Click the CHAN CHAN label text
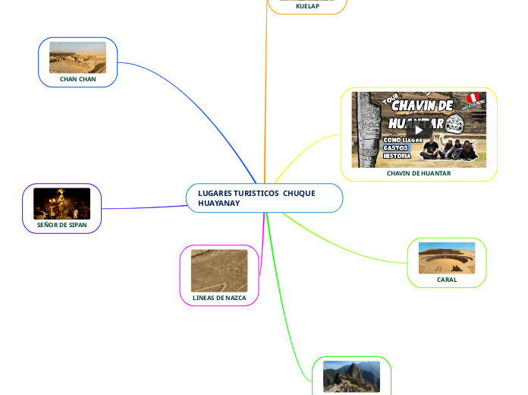(x=77, y=79)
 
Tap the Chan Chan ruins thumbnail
(x=77, y=58)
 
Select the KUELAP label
(x=307, y=6)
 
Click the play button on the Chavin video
(x=419, y=130)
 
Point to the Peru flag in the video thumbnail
(x=472, y=99)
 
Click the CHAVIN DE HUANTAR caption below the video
(x=419, y=173)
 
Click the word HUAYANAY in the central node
(x=218, y=204)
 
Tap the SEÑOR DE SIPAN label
(x=61, y=225)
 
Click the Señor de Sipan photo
(x=61, y=203)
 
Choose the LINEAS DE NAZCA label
(x=219, y=298)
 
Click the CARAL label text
(x=447, y=280)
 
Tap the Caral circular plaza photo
(x=447, y=258)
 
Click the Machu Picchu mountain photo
(x=351, y=377)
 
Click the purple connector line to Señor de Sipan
(x=144, y=207)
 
